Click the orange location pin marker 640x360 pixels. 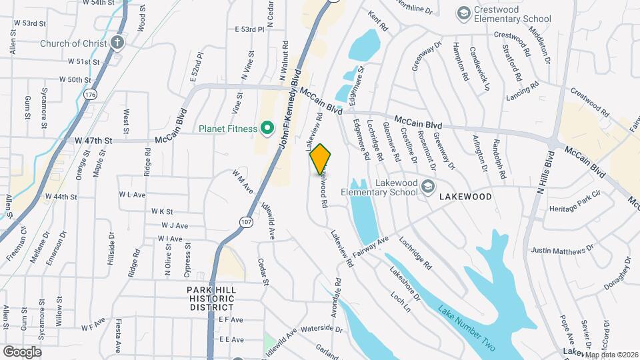point(321,159)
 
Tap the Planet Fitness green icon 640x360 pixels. point(267,127)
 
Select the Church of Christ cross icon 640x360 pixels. point(117,43)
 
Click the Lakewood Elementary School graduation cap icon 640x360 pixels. point(427,187)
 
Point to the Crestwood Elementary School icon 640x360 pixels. point(463,13)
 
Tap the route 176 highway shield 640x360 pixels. point(91,95)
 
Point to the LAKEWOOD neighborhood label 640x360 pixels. point(465,197)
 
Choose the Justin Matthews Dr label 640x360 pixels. point(561,250)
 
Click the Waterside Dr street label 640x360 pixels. point(321,329)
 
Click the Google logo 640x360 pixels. point(21,351)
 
